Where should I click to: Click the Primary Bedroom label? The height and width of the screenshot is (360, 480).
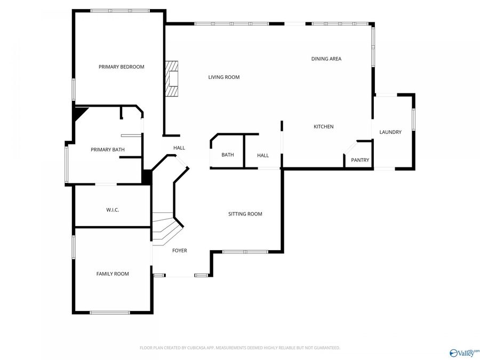121,67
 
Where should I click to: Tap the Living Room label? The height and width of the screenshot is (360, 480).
223,77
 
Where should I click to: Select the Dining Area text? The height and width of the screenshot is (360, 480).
326,59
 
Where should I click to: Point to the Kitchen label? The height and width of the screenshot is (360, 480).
323,126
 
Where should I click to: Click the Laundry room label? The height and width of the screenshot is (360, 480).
390,132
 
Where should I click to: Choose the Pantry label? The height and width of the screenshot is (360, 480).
359,160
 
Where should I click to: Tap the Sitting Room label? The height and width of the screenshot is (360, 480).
245,214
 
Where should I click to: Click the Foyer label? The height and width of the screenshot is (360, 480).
179,251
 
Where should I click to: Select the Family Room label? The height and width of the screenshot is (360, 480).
113,274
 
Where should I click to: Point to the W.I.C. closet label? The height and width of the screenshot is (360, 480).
112,210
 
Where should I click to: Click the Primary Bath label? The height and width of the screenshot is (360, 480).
107,149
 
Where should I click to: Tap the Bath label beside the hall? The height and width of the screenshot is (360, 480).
228,155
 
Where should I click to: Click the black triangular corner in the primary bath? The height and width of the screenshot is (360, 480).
79,113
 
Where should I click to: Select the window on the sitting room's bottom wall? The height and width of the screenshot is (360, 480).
245,252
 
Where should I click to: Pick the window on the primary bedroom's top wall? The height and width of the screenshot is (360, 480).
120,11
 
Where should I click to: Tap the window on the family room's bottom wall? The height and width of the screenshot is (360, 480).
110,313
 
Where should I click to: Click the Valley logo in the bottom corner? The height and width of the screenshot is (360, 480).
464,353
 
